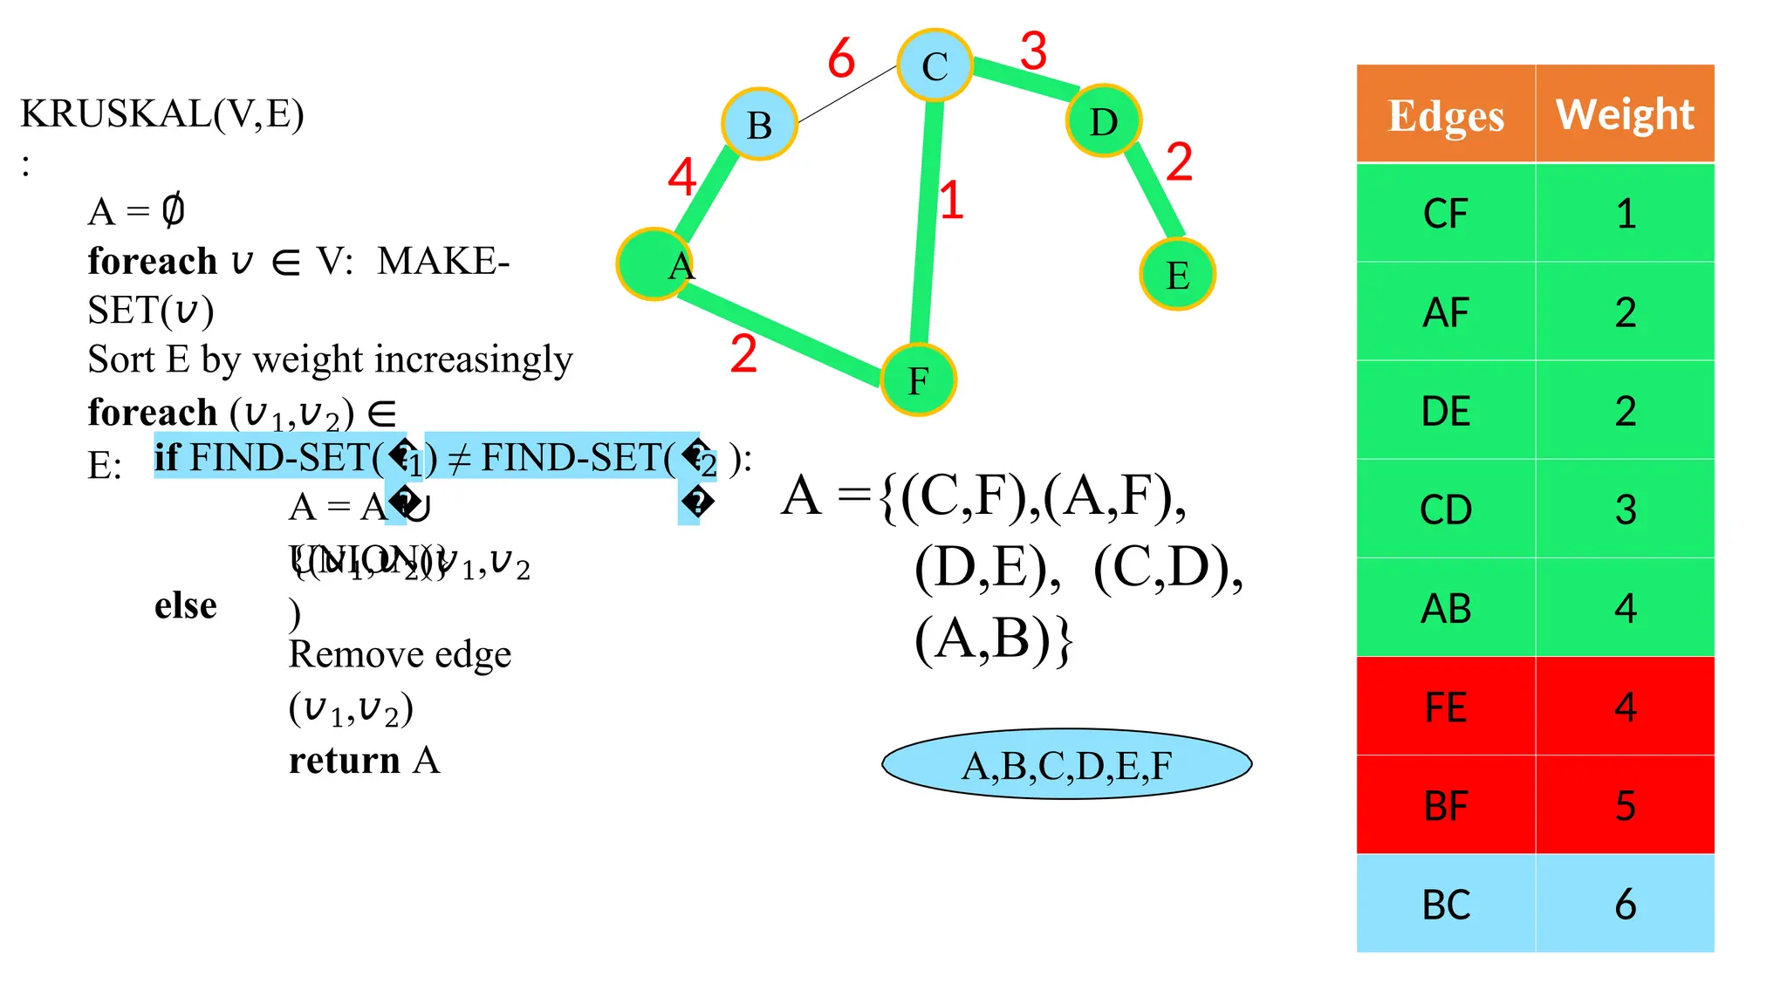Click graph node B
coord(759,124)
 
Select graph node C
coord(935,65)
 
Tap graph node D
coord(1104,120)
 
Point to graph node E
coord(1177,274)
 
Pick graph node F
coord(918,379)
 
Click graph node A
coord(654,263)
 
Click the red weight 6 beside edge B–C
coord(841,58)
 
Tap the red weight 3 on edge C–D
coord(1033,51)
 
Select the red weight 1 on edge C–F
coord(951,200)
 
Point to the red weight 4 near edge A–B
coord(681,177)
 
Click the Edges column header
coord(1445,114)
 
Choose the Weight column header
coord(1625,114)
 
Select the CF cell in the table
coord(1445,214)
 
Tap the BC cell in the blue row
coord(1445,904)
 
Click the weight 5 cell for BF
coord(1625,805)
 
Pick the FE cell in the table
coord(1445,707)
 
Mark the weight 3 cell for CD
coord(1625,509)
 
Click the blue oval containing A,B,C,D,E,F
coord(1066,764)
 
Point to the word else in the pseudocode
coord(185,605)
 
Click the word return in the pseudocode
coord(344,760)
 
